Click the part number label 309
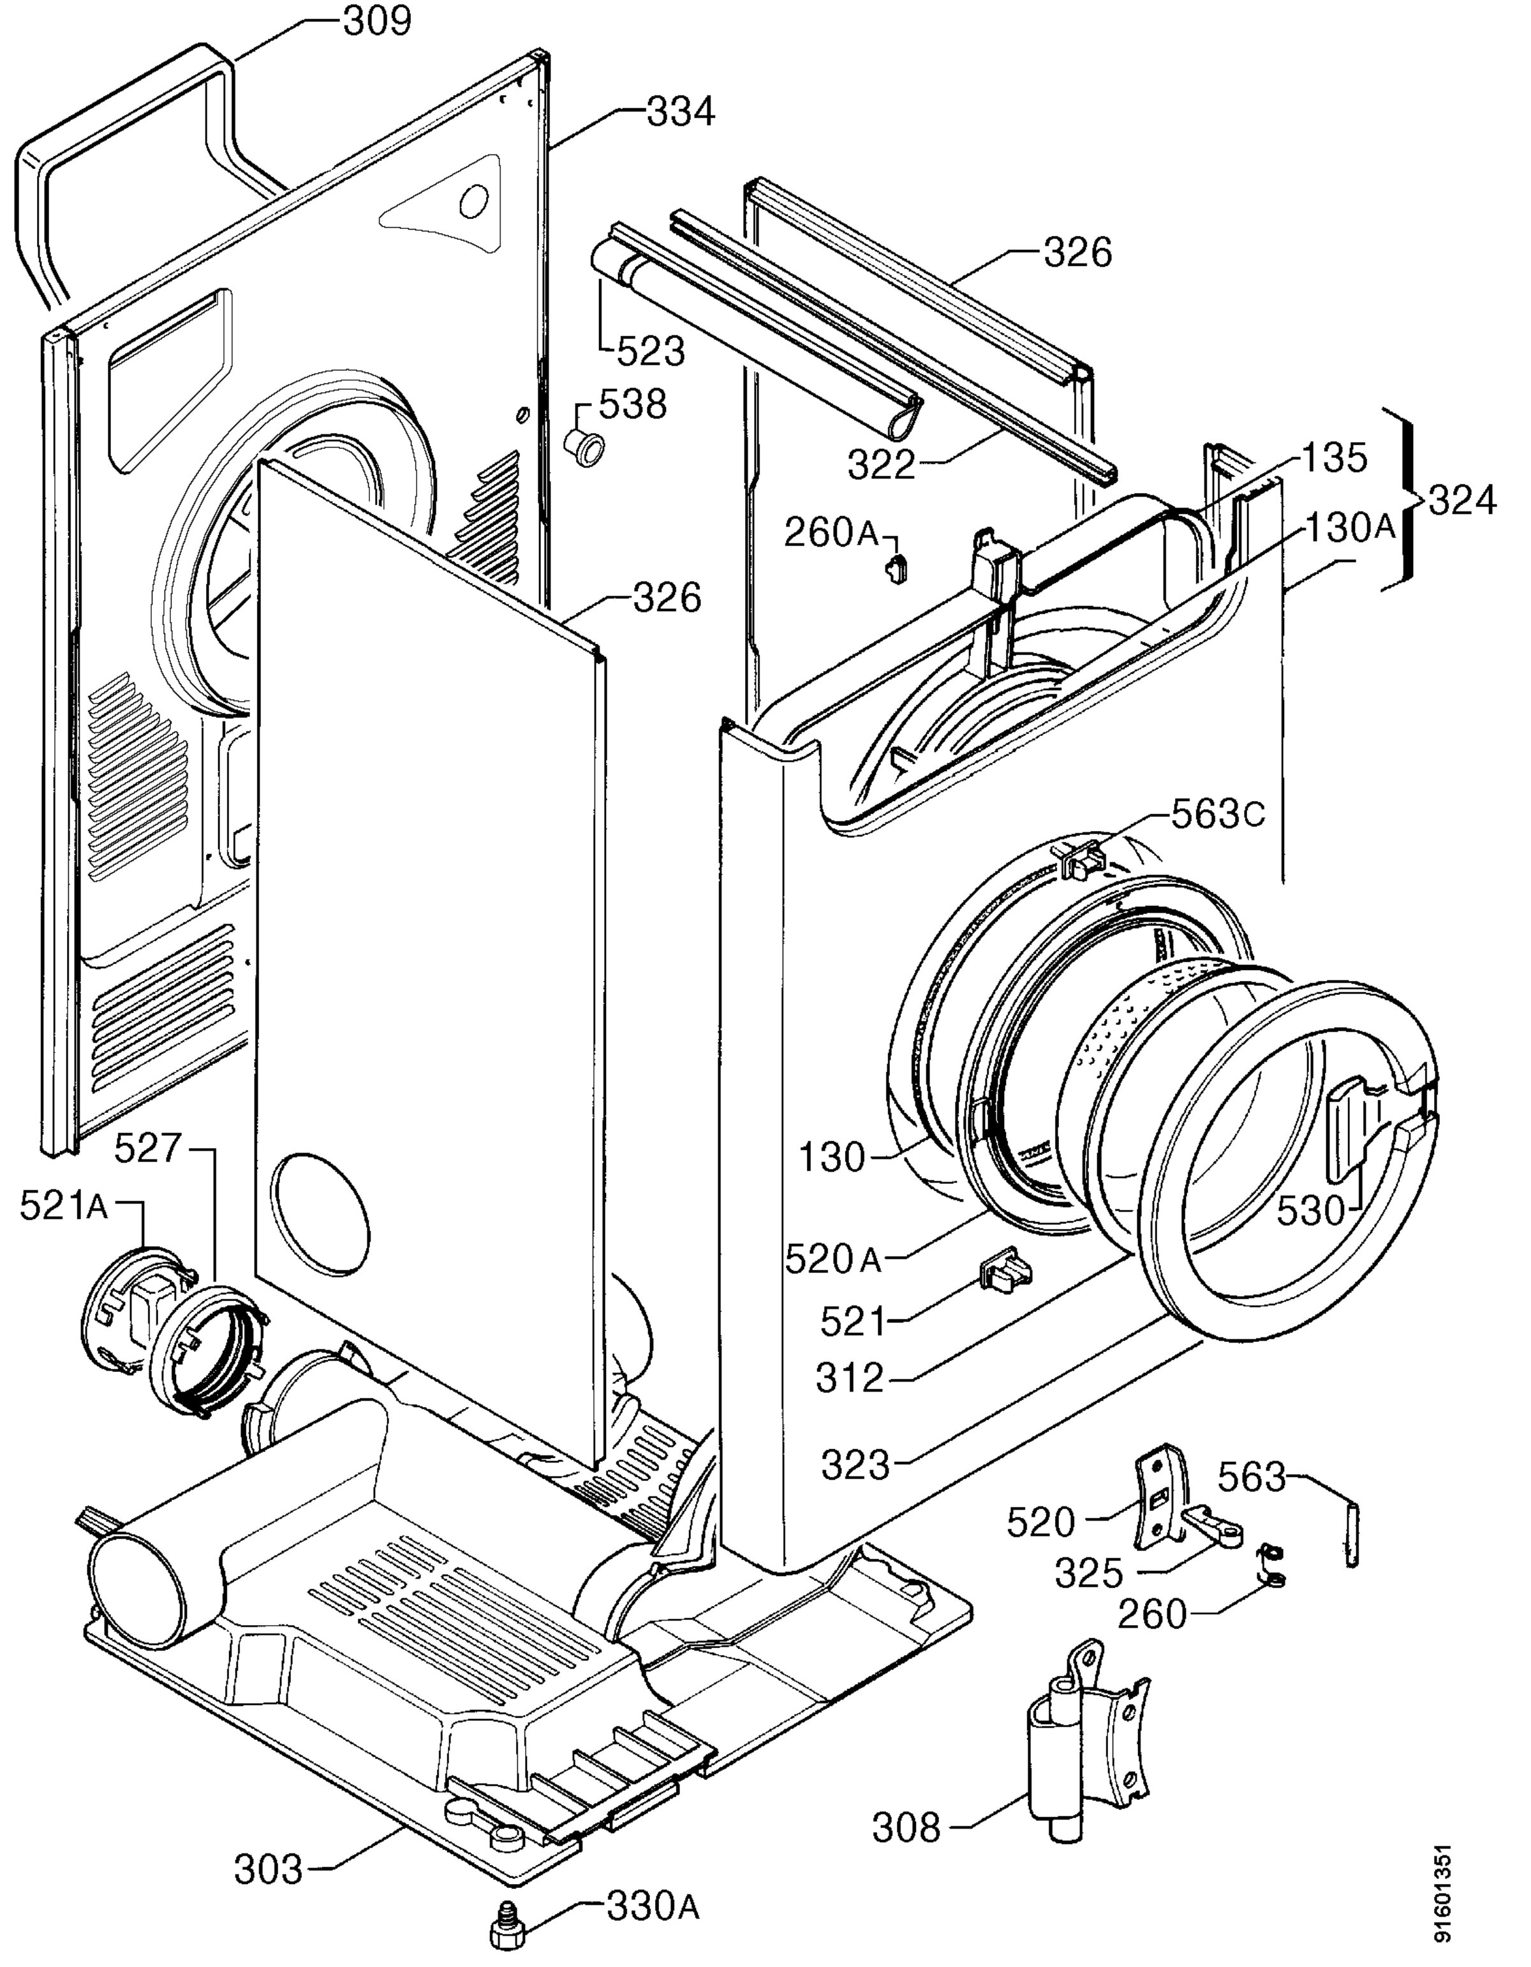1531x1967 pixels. (378, 20)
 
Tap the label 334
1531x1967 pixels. (680, 113)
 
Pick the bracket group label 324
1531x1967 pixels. (1463, 501)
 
